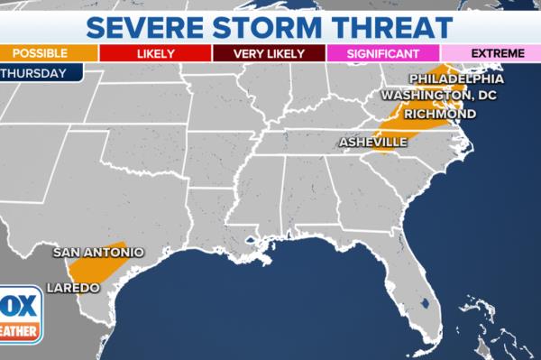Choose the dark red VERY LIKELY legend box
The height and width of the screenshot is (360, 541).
coord(270,53)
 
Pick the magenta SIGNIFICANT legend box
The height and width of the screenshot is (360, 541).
coord(382,53)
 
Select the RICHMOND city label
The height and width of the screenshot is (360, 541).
coord(440,115)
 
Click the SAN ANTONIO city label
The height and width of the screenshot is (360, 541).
coord(98,253)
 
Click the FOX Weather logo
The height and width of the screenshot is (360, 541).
coord(20,314)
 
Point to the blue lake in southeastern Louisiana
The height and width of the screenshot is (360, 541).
coord(249,241)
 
